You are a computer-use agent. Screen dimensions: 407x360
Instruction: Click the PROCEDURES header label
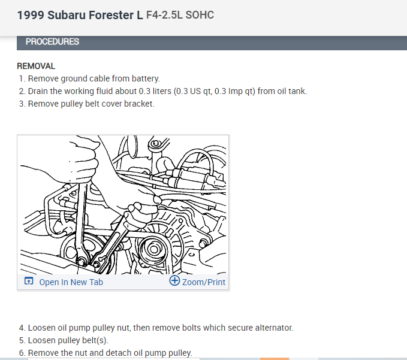(52, 42)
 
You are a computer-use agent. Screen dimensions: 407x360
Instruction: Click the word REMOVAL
(36, 66)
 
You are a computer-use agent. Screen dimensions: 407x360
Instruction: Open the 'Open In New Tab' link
(71, 282)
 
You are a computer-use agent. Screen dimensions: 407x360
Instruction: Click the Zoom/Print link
(204, 282)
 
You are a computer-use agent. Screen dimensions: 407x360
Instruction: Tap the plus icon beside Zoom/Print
(174, 281)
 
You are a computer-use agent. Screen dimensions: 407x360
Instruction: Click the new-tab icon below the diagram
(28, 282)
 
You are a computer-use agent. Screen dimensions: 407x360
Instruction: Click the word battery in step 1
(146, 78)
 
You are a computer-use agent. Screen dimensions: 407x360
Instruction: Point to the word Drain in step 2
(39, 91)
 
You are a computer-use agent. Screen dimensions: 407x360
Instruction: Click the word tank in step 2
(297, 91)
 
